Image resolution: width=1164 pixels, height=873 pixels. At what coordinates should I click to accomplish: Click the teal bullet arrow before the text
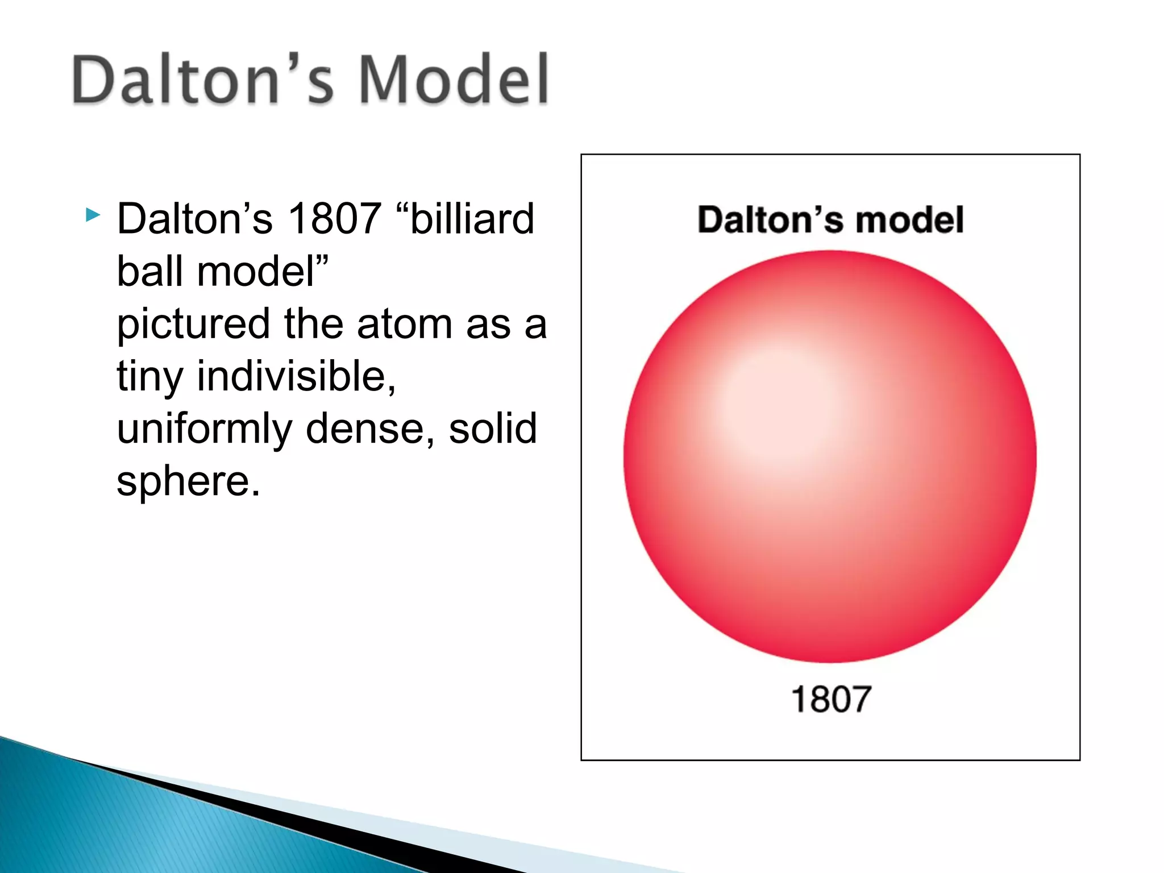pyautogui.click(x=93, y=215)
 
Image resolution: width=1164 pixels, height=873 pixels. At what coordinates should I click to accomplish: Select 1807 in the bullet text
pyautogui.click(x=334, y=218)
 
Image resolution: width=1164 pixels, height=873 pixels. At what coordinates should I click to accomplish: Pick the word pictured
pyautogui.click(x=193, y=324)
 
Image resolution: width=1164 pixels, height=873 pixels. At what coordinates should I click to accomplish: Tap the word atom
pyautogui.click(x=405, y=324)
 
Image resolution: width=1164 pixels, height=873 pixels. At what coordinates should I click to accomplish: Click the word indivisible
pyautogui.click(x=296, y=376)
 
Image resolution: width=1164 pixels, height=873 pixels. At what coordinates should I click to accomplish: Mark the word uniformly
pyautogui.click(x=203, y=429)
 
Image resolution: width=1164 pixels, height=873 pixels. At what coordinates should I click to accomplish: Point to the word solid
pyautogui.click(x=492, y=429)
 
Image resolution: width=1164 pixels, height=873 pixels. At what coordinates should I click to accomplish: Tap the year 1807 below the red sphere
pyautogui.click(x=831, y=699)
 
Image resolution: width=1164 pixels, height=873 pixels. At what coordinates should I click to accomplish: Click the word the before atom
pyautogui.click(x=314, y=324)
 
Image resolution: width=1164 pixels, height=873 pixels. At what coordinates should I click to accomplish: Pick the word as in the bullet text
pyautogui.click(x=488, y=324)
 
